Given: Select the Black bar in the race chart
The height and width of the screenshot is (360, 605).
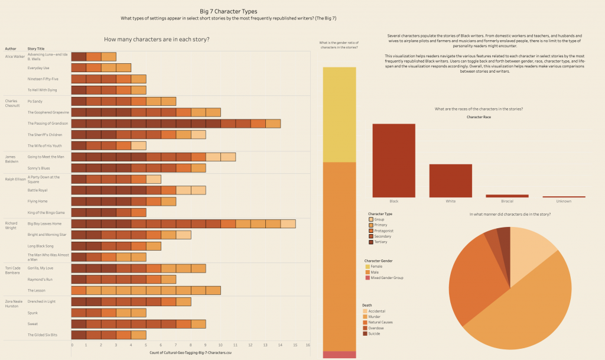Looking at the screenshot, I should pos(393,160).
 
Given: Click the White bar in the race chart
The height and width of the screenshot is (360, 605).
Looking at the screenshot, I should pos(450,180).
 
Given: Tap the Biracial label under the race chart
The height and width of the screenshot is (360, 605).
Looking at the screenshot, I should pos(507,202).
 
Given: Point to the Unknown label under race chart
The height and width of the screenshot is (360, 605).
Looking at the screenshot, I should pos(564,202).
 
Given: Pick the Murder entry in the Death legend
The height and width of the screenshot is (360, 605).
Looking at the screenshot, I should pos(378,316).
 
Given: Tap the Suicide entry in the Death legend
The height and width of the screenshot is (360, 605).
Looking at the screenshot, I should pos(378,333).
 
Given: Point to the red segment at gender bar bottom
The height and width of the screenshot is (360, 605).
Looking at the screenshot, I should pos(339,354).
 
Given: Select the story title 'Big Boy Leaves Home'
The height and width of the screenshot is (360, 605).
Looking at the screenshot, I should pos(44,223).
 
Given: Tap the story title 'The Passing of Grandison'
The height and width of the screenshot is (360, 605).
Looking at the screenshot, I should pos(48,123).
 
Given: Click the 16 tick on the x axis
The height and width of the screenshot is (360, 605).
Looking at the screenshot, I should pos(308,345).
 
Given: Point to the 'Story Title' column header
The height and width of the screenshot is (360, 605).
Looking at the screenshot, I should pos(36,48).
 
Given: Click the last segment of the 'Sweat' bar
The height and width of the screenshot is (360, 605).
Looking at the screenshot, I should pos(198,324).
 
